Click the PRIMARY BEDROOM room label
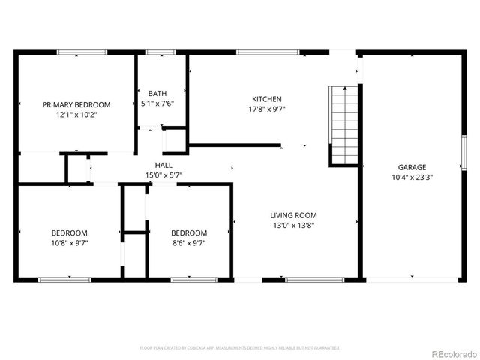pyautogui.click(x=76, y=104)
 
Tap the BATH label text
pyautogui.click(x=157, y=93)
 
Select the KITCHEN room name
pyautogui.click(x=266, y=99)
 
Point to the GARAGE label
pyautogui.click(x=412, y=167)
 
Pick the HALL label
pyautogui.click(x=163, y=165)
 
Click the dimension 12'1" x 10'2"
pyautogui.click(x=76, y=115)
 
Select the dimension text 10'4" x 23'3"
pyautogui.click(x=412, y=178)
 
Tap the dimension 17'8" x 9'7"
pyautogui.click(x=266, y=109)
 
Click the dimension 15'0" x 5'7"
pyautogui.click(x=163, y=175)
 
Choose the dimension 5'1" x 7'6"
pyautogui.click(x=157, y=103)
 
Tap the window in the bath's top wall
pyautogui.click(x=157, y=52)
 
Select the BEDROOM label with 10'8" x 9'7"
pyautogui.click(x=70, y=232)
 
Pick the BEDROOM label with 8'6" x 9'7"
pyautogui.click(x=189, y=232)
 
